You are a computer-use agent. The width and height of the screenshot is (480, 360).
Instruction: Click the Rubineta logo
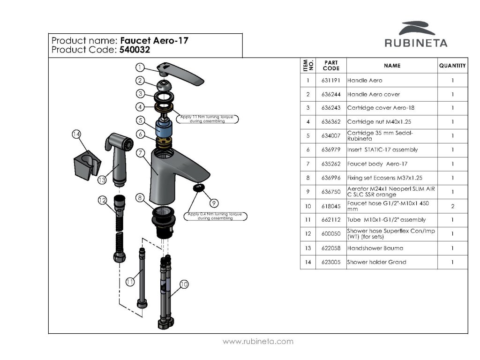coord(416,34)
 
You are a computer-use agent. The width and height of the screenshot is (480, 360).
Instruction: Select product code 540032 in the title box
coord(135,50)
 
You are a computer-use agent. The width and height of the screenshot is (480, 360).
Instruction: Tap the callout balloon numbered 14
coord(76,134)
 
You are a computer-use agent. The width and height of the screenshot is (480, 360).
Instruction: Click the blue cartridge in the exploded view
coord(164,127)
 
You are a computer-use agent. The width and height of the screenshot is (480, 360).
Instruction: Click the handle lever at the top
coord(180,74)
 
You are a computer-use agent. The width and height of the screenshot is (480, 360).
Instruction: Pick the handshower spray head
coord(120,159)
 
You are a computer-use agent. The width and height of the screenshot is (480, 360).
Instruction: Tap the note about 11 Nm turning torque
coord(207,119)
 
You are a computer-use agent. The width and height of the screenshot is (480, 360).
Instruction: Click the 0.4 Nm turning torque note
coord(215,216)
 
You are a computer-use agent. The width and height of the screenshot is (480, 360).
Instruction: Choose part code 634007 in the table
coord(331,135)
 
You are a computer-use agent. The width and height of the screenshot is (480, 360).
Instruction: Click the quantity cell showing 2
coord(452,206)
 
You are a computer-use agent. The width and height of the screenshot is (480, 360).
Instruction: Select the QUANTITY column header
coord(452,66)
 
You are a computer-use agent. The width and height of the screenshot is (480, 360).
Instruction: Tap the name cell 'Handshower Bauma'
coord(375,248)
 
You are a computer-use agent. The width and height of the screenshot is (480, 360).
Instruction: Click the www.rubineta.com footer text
coord(258,341)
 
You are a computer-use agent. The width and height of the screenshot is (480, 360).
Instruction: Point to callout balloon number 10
coord(184,285)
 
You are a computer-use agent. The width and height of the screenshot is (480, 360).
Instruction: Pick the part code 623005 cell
coord(331,262)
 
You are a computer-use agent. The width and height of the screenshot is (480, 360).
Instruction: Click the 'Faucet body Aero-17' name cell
coord(377,164)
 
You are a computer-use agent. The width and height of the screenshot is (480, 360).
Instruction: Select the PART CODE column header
coord(331,66)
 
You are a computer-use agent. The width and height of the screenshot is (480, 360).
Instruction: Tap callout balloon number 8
coord(140,198)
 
